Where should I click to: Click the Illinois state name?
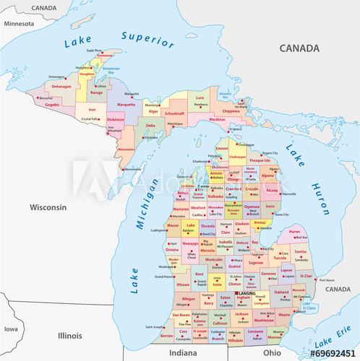click(x=70, y=336)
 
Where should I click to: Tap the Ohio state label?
click(x=272, y=352)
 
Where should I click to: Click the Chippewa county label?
click(x=230, y=112)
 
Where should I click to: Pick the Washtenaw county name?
click(x=264, y=319)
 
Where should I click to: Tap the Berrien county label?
click(x=166, y=336)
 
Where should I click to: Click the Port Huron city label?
click(x=327, y=280)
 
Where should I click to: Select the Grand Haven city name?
click(x=163, y=277)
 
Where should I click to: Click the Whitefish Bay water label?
click(x=225, y=95)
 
